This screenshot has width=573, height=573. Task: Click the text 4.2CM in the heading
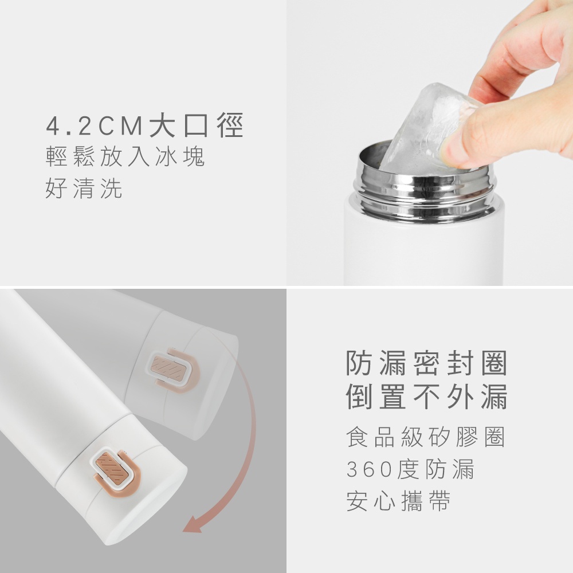click(x=95, y=126)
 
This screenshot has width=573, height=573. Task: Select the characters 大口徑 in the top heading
click(x=196, y=125)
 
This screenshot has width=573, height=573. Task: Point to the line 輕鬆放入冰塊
click(x=125, y=157)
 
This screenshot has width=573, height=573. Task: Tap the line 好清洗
click(x=84, y=189)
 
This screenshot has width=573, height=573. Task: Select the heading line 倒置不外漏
click(x=426, y=396)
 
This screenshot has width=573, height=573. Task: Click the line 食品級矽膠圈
click(x=426, y=437)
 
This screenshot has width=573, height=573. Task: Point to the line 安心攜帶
click(x=398, y=501)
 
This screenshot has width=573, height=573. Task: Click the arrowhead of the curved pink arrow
click(x=192, y=525)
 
